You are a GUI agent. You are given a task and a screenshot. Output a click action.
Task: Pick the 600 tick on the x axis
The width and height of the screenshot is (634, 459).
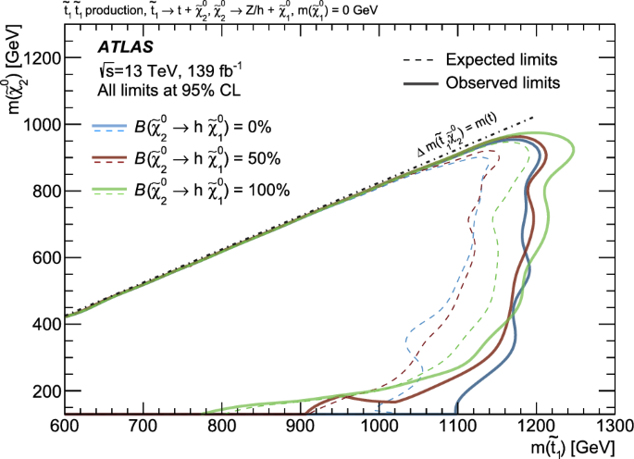[62, 427]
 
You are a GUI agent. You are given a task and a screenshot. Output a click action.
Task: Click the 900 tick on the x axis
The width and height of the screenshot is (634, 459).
[300, 427]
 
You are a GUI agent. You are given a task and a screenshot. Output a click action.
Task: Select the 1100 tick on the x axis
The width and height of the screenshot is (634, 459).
[458, 427]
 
